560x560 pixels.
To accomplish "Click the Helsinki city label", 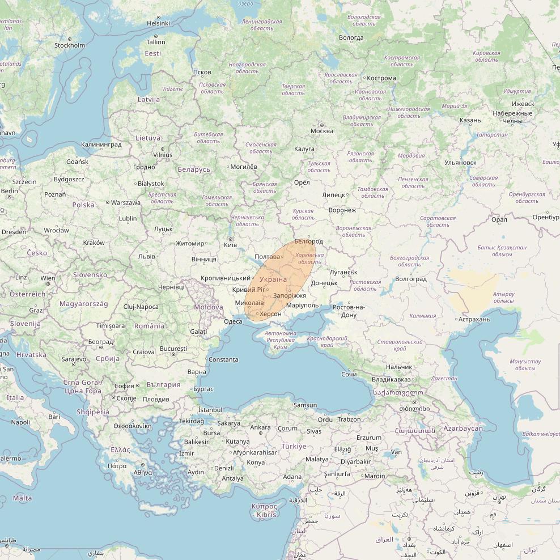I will coord(158,23).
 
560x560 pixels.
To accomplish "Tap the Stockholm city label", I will coord(69,45).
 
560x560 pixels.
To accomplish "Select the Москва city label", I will coord(321,131).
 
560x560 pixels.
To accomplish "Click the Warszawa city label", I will coord(125,202).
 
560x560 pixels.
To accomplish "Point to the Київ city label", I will coord(230,245).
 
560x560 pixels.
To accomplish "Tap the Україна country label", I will coord(273,280).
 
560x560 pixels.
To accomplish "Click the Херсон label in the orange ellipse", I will coord(270,314).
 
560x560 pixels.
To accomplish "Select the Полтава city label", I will coord(267,257).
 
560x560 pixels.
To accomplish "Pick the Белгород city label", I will coord(308,242).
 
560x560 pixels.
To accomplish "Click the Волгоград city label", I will coord(410,279).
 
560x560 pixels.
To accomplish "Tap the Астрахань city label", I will coord(474,319).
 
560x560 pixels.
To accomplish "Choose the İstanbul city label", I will coord(210,410).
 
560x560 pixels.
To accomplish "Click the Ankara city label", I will coord(260,427).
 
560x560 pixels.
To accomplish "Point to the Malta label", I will coord(22,498).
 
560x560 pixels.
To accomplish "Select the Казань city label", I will coord(470,120).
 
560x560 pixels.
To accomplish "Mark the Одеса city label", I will coord(233,321).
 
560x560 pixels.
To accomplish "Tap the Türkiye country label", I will coord(294,446).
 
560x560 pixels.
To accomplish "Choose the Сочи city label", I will coord(349,375).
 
